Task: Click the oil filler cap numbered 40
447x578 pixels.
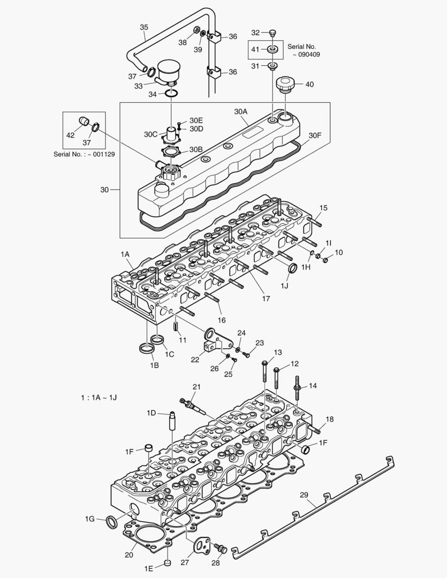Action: pyautogui.click(x=285, y=85)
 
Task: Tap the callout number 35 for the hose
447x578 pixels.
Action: pyautogui.click(x=144, y=27)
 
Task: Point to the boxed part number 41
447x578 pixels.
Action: pyautogui.click(x=255, y=49)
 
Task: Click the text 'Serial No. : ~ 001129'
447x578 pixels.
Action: pyautogui.click(x=84, y=154)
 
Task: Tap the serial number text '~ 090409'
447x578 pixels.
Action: pyautogui.click(x=306, y=54)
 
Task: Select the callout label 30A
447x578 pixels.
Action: pyautogui.click(x=241, y=112)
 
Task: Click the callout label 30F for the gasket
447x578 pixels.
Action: pyautogui.click(x=315, y=135)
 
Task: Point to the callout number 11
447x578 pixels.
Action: pyautogui.click(x=183, y=340)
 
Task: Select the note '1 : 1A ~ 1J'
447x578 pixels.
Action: pyautogui.click(x=99, y=398)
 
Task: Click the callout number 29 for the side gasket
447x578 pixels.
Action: pyautogui.click(x=304, y=496)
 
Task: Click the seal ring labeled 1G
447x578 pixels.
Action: pyautogui.click(x=111, y=521)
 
